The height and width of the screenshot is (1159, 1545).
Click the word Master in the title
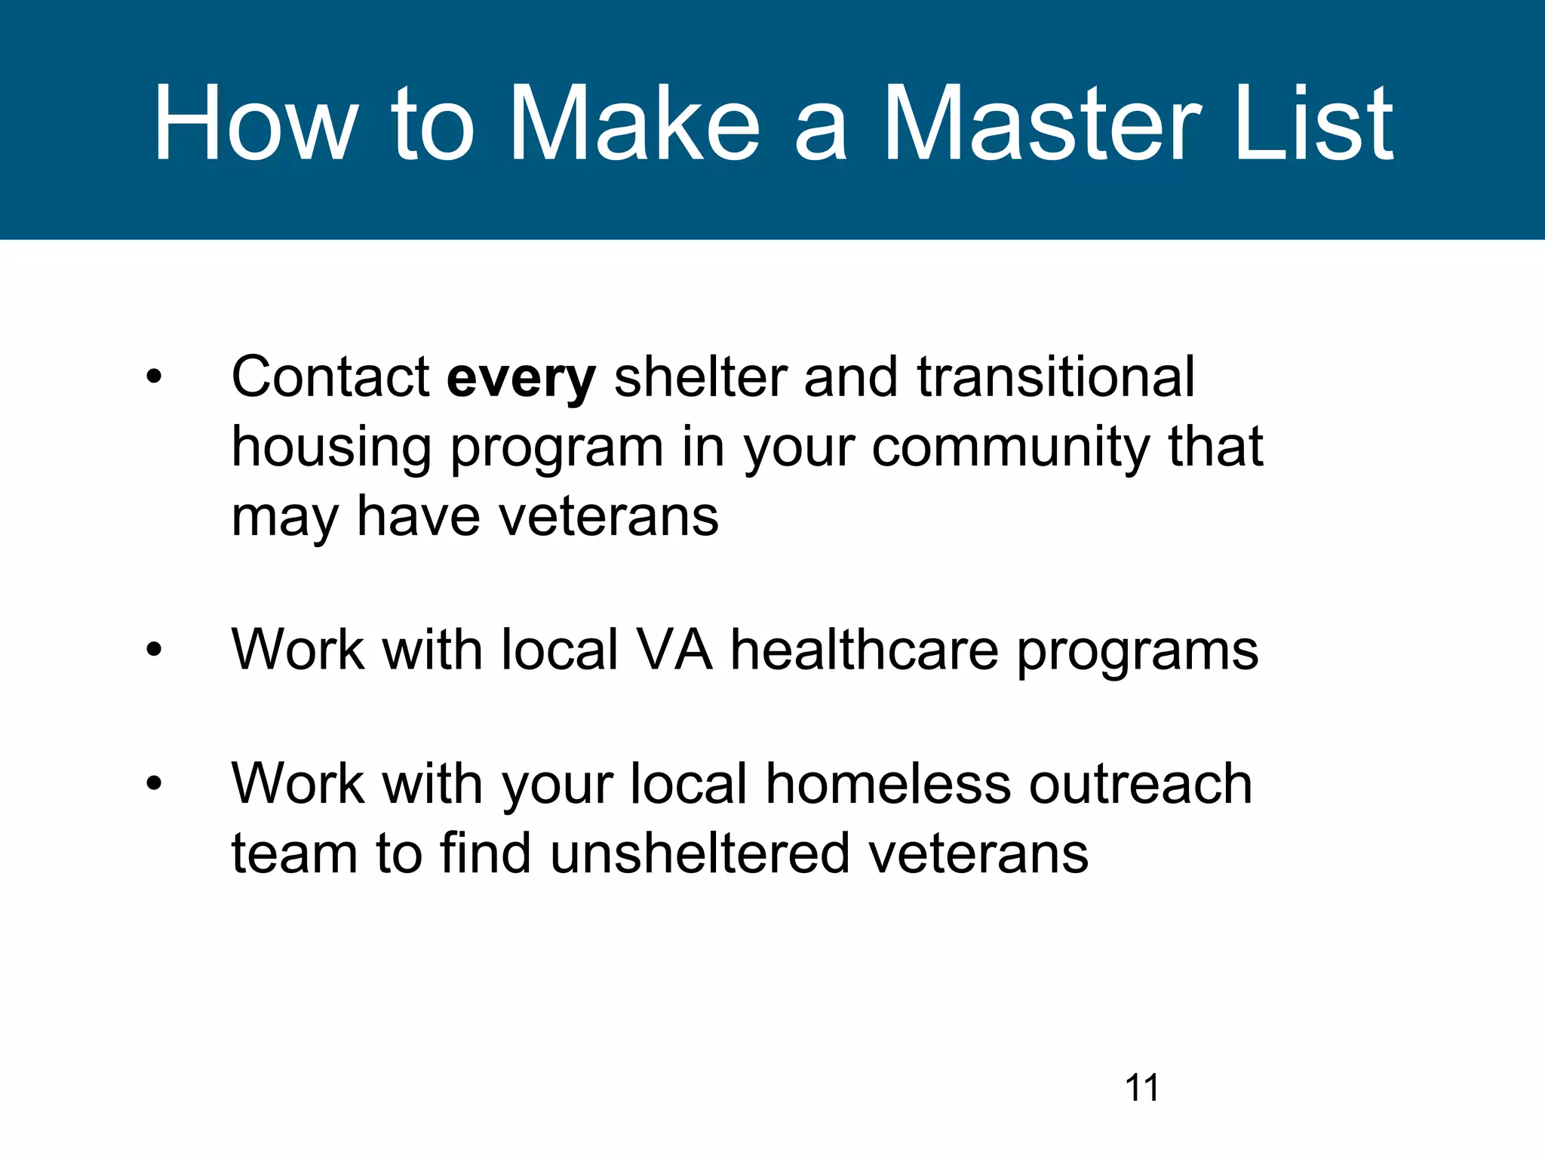1042,125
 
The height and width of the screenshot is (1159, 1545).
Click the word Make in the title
634,125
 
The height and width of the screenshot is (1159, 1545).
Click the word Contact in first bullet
330,377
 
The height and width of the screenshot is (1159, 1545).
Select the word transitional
1055,377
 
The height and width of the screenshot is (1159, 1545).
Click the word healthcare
865,650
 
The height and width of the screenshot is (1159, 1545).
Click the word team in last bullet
293,854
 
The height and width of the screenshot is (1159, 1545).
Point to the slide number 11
1141,1088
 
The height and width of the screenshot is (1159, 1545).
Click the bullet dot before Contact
154,377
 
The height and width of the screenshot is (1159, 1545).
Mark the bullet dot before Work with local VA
154,650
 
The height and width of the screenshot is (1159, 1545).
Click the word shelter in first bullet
699,377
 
